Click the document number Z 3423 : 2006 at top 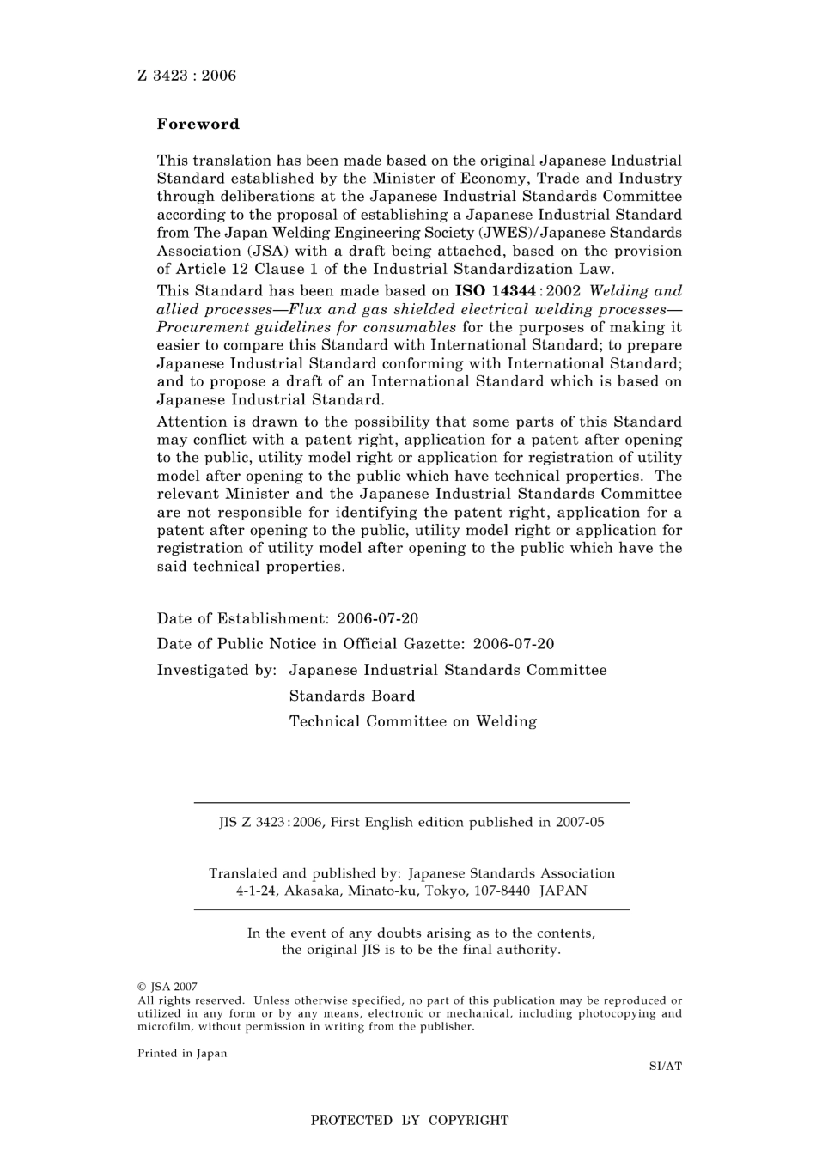(186, 76)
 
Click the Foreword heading (198, 124)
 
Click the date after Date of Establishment (378, 618)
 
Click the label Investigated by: (216, 670)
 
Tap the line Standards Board (352, 696)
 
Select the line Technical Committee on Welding (412, 721)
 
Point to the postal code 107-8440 (499, 891)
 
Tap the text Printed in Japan (182, 1054)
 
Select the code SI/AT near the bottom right (665, 1067)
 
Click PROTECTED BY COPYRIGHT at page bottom (409, 1120)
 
